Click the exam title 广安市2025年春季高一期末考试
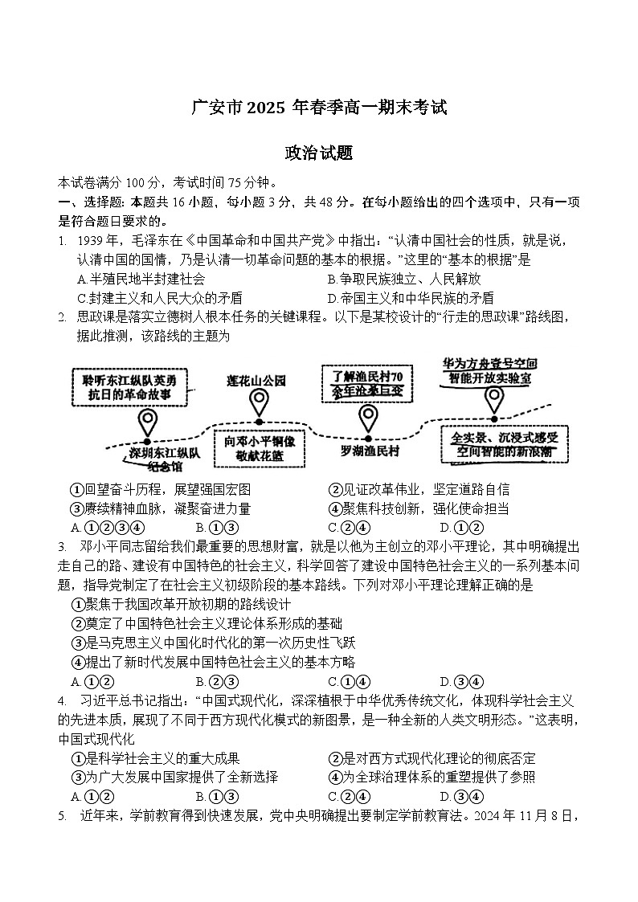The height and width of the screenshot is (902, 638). coord(318,108)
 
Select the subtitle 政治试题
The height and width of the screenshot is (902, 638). coord(318,153)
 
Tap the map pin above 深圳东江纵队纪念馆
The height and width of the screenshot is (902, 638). coord(147,422)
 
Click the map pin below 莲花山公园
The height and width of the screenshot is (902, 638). coord(259,401)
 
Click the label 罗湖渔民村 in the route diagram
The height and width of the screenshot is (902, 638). coord(370,451)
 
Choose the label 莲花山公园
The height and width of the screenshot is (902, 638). coord(256,381)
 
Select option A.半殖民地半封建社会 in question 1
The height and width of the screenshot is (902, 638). coord(141,279)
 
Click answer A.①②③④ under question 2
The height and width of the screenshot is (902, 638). coord(107,528)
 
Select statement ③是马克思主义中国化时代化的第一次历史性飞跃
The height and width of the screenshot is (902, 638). coord(213,643)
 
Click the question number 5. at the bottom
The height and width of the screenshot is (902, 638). coord(62,816)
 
